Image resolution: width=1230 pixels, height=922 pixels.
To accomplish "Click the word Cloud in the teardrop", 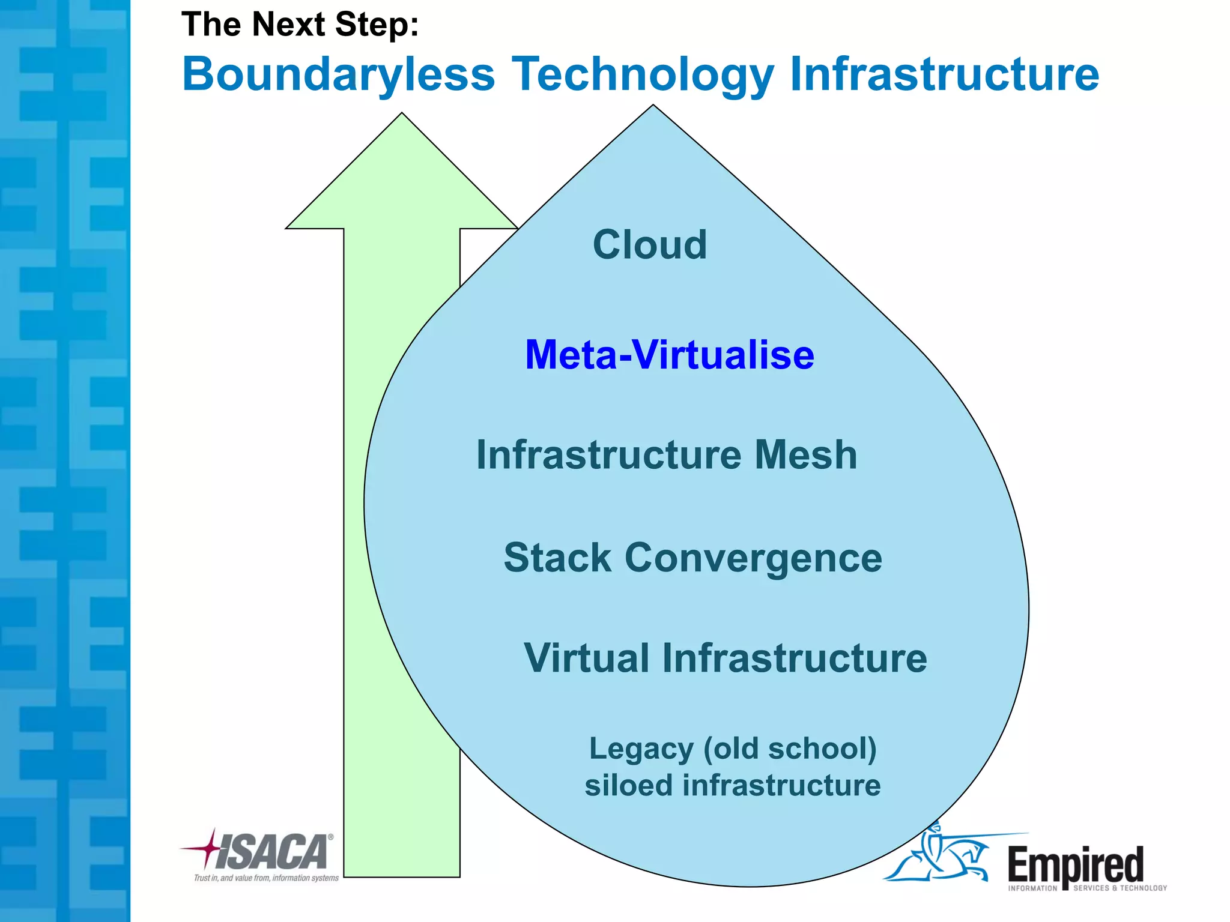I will [650, 245].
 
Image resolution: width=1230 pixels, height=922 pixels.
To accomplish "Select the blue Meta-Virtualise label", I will [670, 355].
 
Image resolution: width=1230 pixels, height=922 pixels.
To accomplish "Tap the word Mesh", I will [805, 454].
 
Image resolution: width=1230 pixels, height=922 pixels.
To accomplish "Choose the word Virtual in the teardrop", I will [587, 658].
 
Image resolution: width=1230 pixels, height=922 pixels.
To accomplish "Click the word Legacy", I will [641, 749].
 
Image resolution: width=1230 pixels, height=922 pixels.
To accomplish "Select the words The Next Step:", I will [300, 25].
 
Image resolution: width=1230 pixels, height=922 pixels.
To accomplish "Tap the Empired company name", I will [1075, 864].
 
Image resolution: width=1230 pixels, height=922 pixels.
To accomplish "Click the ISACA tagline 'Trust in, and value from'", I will [266, 878].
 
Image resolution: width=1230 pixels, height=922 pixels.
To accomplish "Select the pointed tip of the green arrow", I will [402, 115].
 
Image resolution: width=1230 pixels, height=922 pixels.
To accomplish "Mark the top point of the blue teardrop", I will [653, 106].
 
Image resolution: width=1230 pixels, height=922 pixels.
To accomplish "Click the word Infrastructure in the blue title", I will [944, 74].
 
